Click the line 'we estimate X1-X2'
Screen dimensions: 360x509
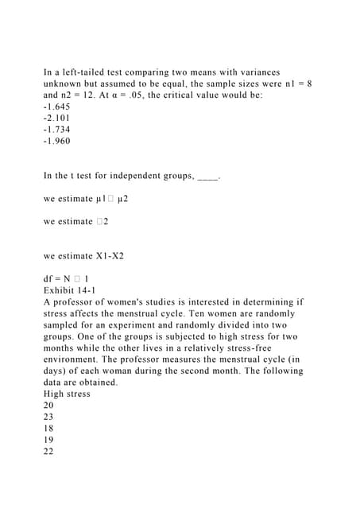pos(83,256)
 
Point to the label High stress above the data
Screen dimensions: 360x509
pos(67,394)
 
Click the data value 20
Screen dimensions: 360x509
pos(48,406)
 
